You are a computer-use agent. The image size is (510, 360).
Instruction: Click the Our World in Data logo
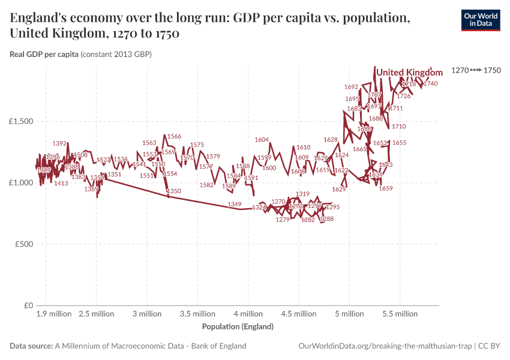pos(481,20)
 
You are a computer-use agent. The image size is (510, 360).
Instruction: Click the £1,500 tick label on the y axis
pos(21,121)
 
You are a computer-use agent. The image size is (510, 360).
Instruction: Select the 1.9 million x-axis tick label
pos(54,314)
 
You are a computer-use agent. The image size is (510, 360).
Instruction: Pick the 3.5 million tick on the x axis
pos(197,314)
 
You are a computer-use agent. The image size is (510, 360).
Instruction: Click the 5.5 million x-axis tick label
pos(400,314)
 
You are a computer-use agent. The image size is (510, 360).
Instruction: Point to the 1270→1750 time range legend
pos(476,71)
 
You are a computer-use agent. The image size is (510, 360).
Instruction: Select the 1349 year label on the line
pos(235,205)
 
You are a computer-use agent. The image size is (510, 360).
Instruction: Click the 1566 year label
pos(174,137)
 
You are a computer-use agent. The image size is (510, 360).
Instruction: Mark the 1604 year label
pos(262,140)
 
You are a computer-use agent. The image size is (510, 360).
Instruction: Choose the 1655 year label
pos(399,143)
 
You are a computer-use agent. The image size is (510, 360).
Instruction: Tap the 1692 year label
pos(352,87)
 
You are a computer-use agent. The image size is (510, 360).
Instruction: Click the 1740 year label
pos(430,84)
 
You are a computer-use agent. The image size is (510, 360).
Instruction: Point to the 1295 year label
pos(333,207)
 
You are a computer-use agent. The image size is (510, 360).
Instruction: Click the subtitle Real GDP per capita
pos(44,55)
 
